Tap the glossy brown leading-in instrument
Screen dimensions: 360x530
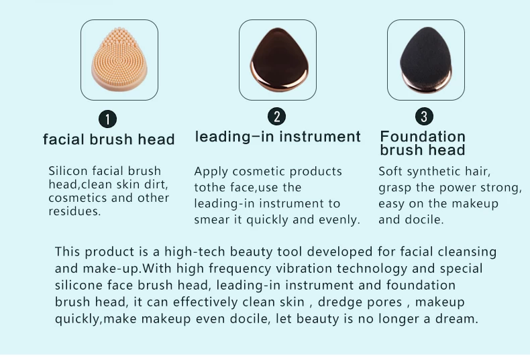click(x=277, y=59)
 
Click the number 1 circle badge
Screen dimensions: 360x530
click(x=108, y=119)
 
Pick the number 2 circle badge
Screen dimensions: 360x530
click(x=276, y=116)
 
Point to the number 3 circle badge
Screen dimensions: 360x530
click(x=423, y=116)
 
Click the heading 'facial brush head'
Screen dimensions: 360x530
click(x=109, y=139)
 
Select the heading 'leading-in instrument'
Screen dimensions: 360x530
click(x=278, y=137)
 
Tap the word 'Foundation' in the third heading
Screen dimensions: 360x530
click(x=423, y=137)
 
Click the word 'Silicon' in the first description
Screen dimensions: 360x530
click(x=67, y=171)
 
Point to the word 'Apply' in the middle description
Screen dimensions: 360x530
click(x=210, y=172)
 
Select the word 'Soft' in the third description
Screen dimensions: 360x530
click(x=390, y=171)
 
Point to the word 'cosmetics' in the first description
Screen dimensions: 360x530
click(x=74, y=198)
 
